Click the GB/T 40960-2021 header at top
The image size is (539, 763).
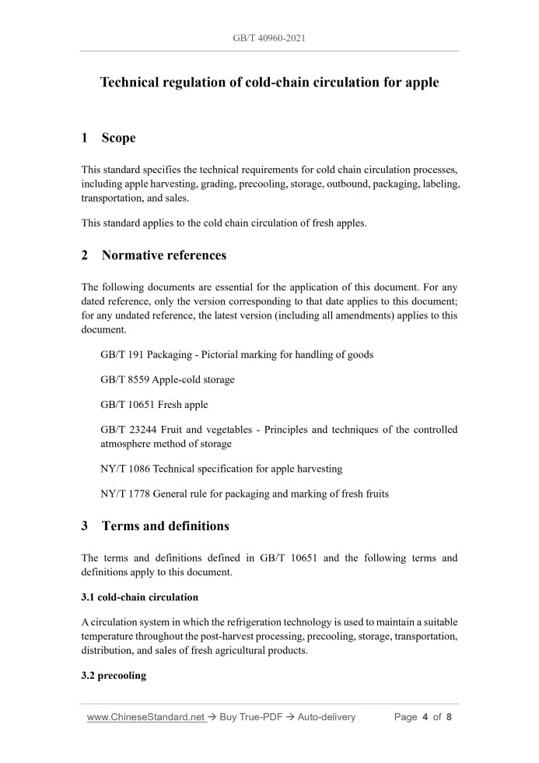click(269, 37)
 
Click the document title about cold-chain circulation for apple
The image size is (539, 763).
click(269, 82)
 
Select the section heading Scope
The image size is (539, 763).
click(118, 138)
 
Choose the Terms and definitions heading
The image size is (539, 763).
click(165, 526)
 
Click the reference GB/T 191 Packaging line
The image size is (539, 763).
click(236, 354)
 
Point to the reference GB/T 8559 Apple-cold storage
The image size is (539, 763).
click(167, 379)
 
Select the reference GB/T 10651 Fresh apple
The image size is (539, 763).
click(154, 404)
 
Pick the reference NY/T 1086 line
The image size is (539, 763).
click(221, 469)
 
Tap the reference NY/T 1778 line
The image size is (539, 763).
click(244, 494)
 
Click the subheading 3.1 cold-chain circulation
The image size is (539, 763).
click(140, 597)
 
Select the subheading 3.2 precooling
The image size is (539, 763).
click(114, 676)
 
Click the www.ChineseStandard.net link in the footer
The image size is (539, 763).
click(145, 717)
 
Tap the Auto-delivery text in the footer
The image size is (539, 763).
click(327, 717)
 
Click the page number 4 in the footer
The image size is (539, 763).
click(425, 717)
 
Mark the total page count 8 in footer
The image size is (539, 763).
click(449, 717)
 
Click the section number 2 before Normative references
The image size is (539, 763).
click(84, 255)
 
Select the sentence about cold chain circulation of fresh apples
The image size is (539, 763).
click(224, 223)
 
